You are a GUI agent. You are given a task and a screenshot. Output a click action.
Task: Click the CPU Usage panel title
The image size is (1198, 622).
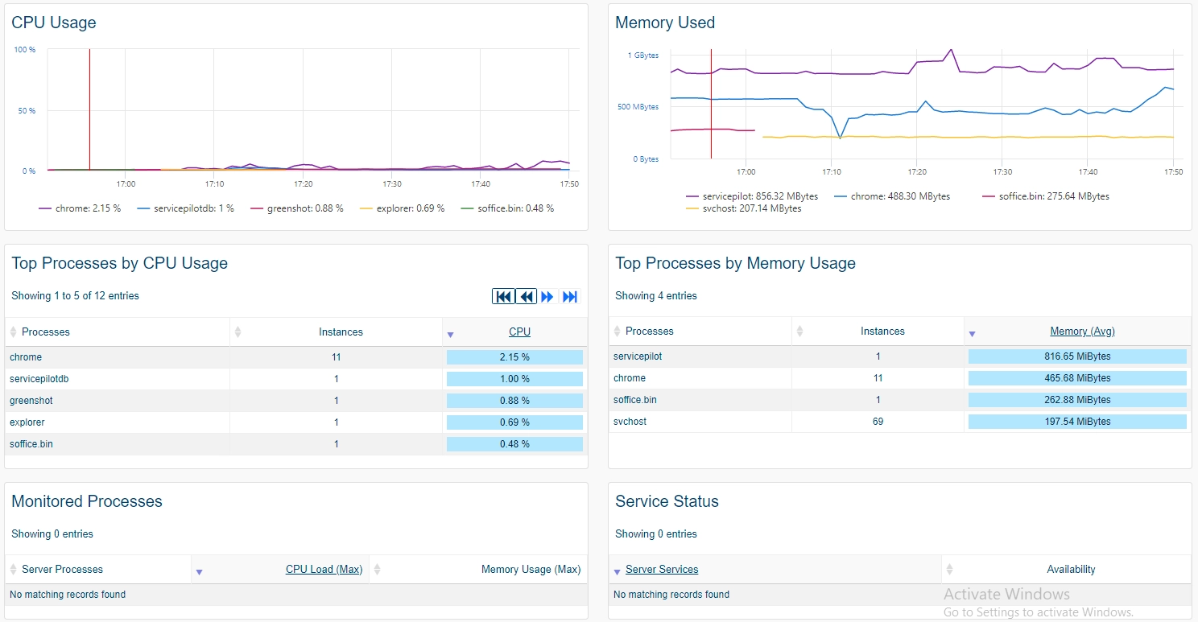pyautogui.click(x=53, y=23)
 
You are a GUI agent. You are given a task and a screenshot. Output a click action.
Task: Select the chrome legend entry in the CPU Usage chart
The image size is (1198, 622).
pyautogui.click(x=80, y=208)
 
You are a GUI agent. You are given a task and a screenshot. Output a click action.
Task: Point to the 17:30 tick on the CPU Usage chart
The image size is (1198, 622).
pyautogui.click(x=391, y=183)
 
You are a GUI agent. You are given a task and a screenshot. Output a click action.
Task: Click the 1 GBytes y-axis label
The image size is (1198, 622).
pyautogui.click(x=642, y=55)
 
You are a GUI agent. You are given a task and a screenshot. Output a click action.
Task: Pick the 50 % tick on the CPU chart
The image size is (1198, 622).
pyautogui.click(x=27, y=110)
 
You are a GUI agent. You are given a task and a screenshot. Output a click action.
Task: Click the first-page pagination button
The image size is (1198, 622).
pyautogui.click(x=503, y=297)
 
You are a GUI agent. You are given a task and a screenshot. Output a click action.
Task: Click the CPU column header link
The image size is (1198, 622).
pyautogui.click(x=519, y=332)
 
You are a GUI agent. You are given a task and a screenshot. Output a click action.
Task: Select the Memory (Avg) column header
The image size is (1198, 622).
pyautogui.click(x=1082, y=332)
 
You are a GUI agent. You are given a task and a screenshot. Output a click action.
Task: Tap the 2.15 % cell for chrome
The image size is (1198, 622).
pyautogui.click(x=514, y=357)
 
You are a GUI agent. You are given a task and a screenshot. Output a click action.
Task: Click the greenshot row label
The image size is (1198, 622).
pyautogui.click(x=31, y=400)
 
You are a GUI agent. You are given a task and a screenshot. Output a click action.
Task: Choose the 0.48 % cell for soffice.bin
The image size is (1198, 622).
pyautogui.click(x=514, y=444)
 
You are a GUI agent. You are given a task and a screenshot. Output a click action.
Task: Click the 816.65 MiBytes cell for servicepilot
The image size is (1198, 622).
pyautogui.click(x=1077, y=356)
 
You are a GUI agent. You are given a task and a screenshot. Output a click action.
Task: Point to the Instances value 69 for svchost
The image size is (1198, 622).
pyautogui.click(x=878, y=422)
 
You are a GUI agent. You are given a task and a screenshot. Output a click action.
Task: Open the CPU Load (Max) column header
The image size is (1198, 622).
pyautogui.click(x=324, y=569)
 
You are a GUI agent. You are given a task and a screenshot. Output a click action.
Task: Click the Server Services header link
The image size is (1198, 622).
pyautogui.click(x=662, y=569)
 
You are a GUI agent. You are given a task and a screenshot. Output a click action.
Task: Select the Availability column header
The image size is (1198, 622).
pyautogui.click(x=1071, y=569)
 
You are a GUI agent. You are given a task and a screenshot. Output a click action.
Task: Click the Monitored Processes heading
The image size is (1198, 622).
pyautogui.click(x=87, y=501)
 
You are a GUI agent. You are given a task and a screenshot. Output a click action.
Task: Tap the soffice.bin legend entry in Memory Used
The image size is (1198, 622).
pyautogui.click(x=1046, y=196)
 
